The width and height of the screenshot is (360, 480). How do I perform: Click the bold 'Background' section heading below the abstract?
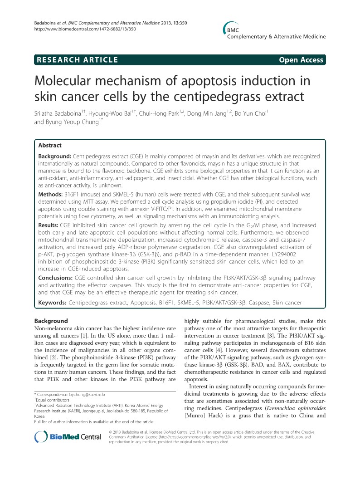point(51,321)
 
